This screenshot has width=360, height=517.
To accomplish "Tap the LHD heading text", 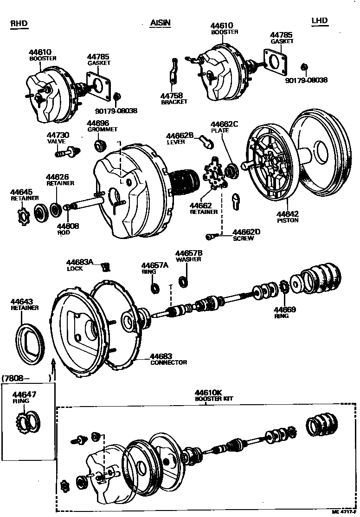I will pyautogui.click(x=320, y=21).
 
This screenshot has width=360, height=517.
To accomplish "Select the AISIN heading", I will pyautogui.click(x=160, y=23).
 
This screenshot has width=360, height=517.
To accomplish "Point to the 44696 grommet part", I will pyautogui.click(x=99, y=146).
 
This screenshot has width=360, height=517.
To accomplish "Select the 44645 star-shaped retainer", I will pyautogui.click(x=22, y=215).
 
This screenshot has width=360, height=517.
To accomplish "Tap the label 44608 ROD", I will pyautogui.click(x=68, y=229).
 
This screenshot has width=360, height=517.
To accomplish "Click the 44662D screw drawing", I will pyautogui.click(x=212, y=237).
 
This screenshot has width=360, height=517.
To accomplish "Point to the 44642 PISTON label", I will pyautogui.click(x=288, y=217).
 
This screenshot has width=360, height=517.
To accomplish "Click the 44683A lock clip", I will pyautogui.click(x=106, y=266).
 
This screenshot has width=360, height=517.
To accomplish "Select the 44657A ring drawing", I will pyautogui.click(x=154, y=288).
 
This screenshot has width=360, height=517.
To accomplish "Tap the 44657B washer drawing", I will pyautogui.click(x=184, y=281).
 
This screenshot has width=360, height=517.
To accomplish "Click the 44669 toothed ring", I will pyautogui.click(x=284, y=288).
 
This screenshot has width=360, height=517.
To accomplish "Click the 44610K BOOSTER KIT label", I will pyautogui.click(x=214, y=395).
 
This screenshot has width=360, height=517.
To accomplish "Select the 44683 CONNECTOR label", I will pyautogui.click(x=168, y=359).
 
